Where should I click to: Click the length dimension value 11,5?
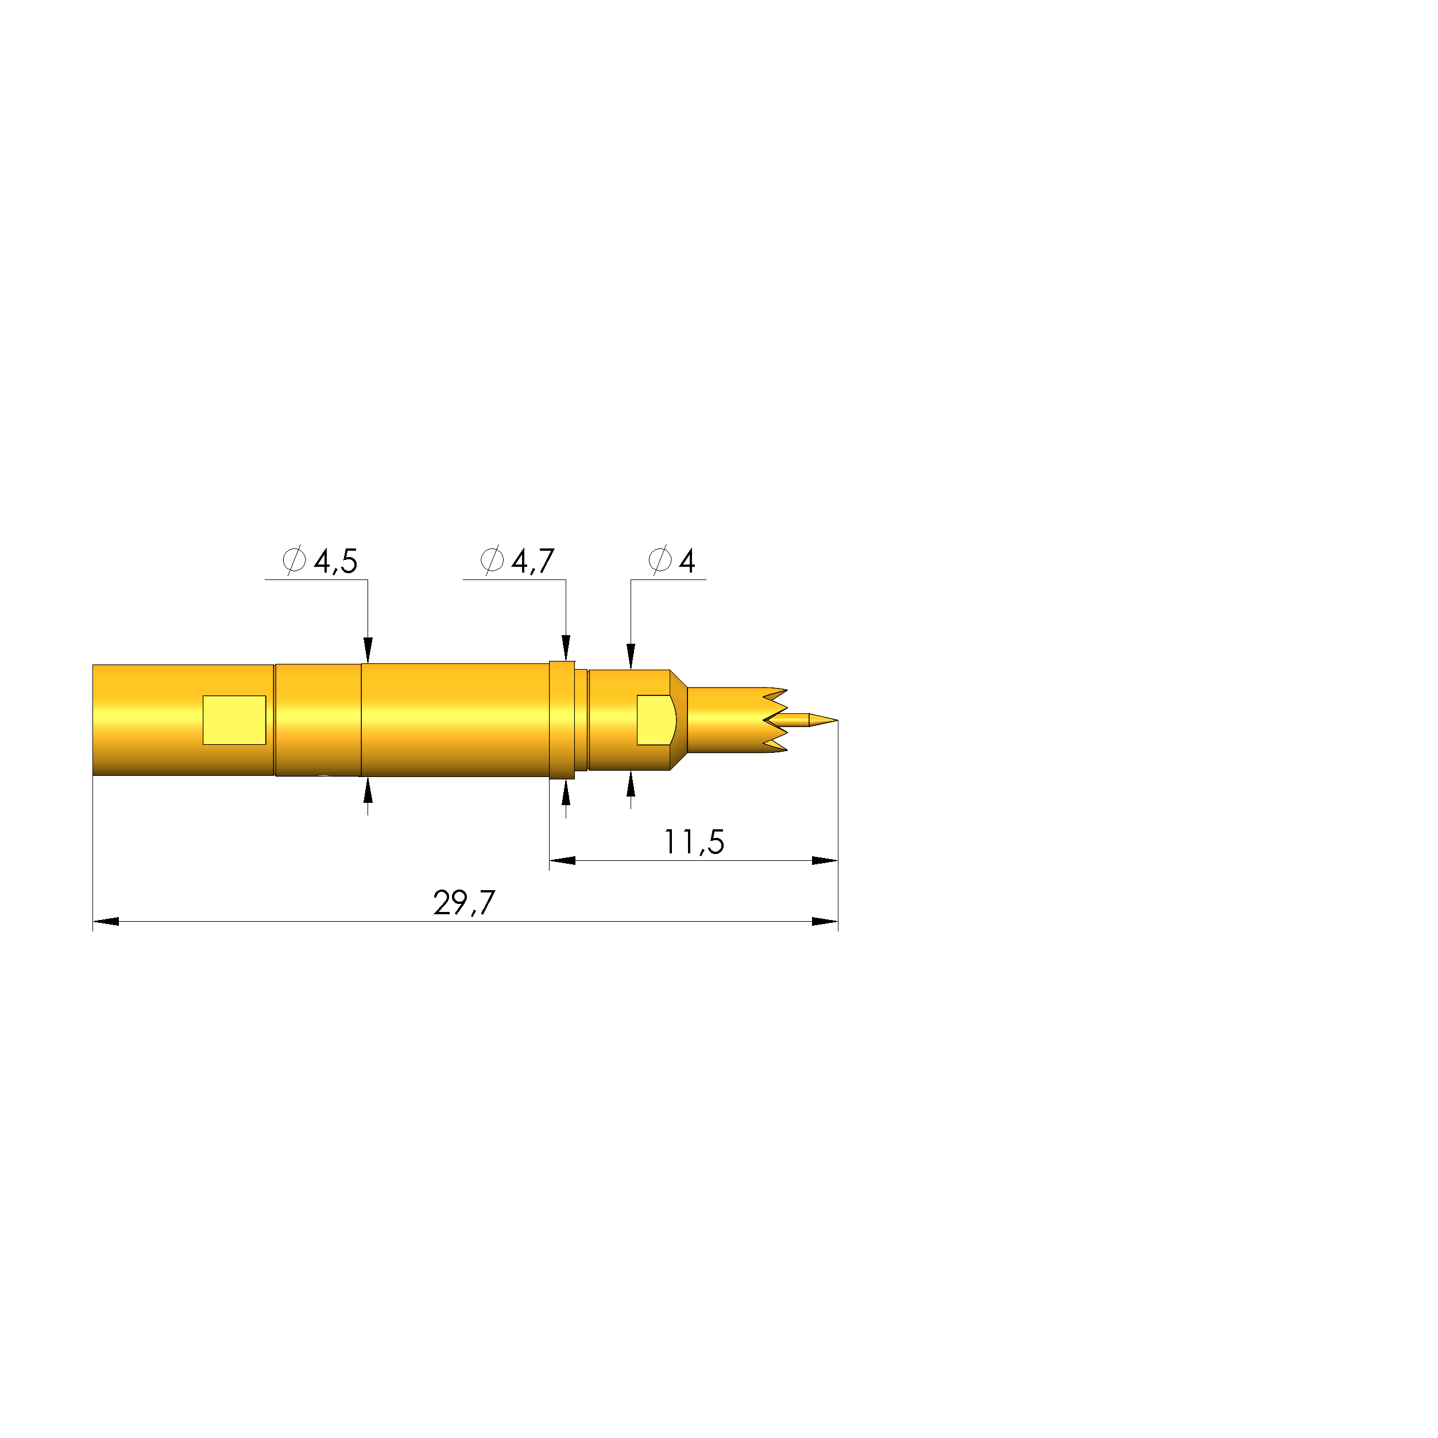[694, 842]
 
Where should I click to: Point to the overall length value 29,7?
[463, 903]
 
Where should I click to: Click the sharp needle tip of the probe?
[837, 720]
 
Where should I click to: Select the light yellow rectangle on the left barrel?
[234, 720]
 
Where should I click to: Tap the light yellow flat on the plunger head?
[656, 720]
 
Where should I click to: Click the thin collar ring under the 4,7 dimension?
[562, 720]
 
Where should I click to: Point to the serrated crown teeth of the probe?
[775, 720]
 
